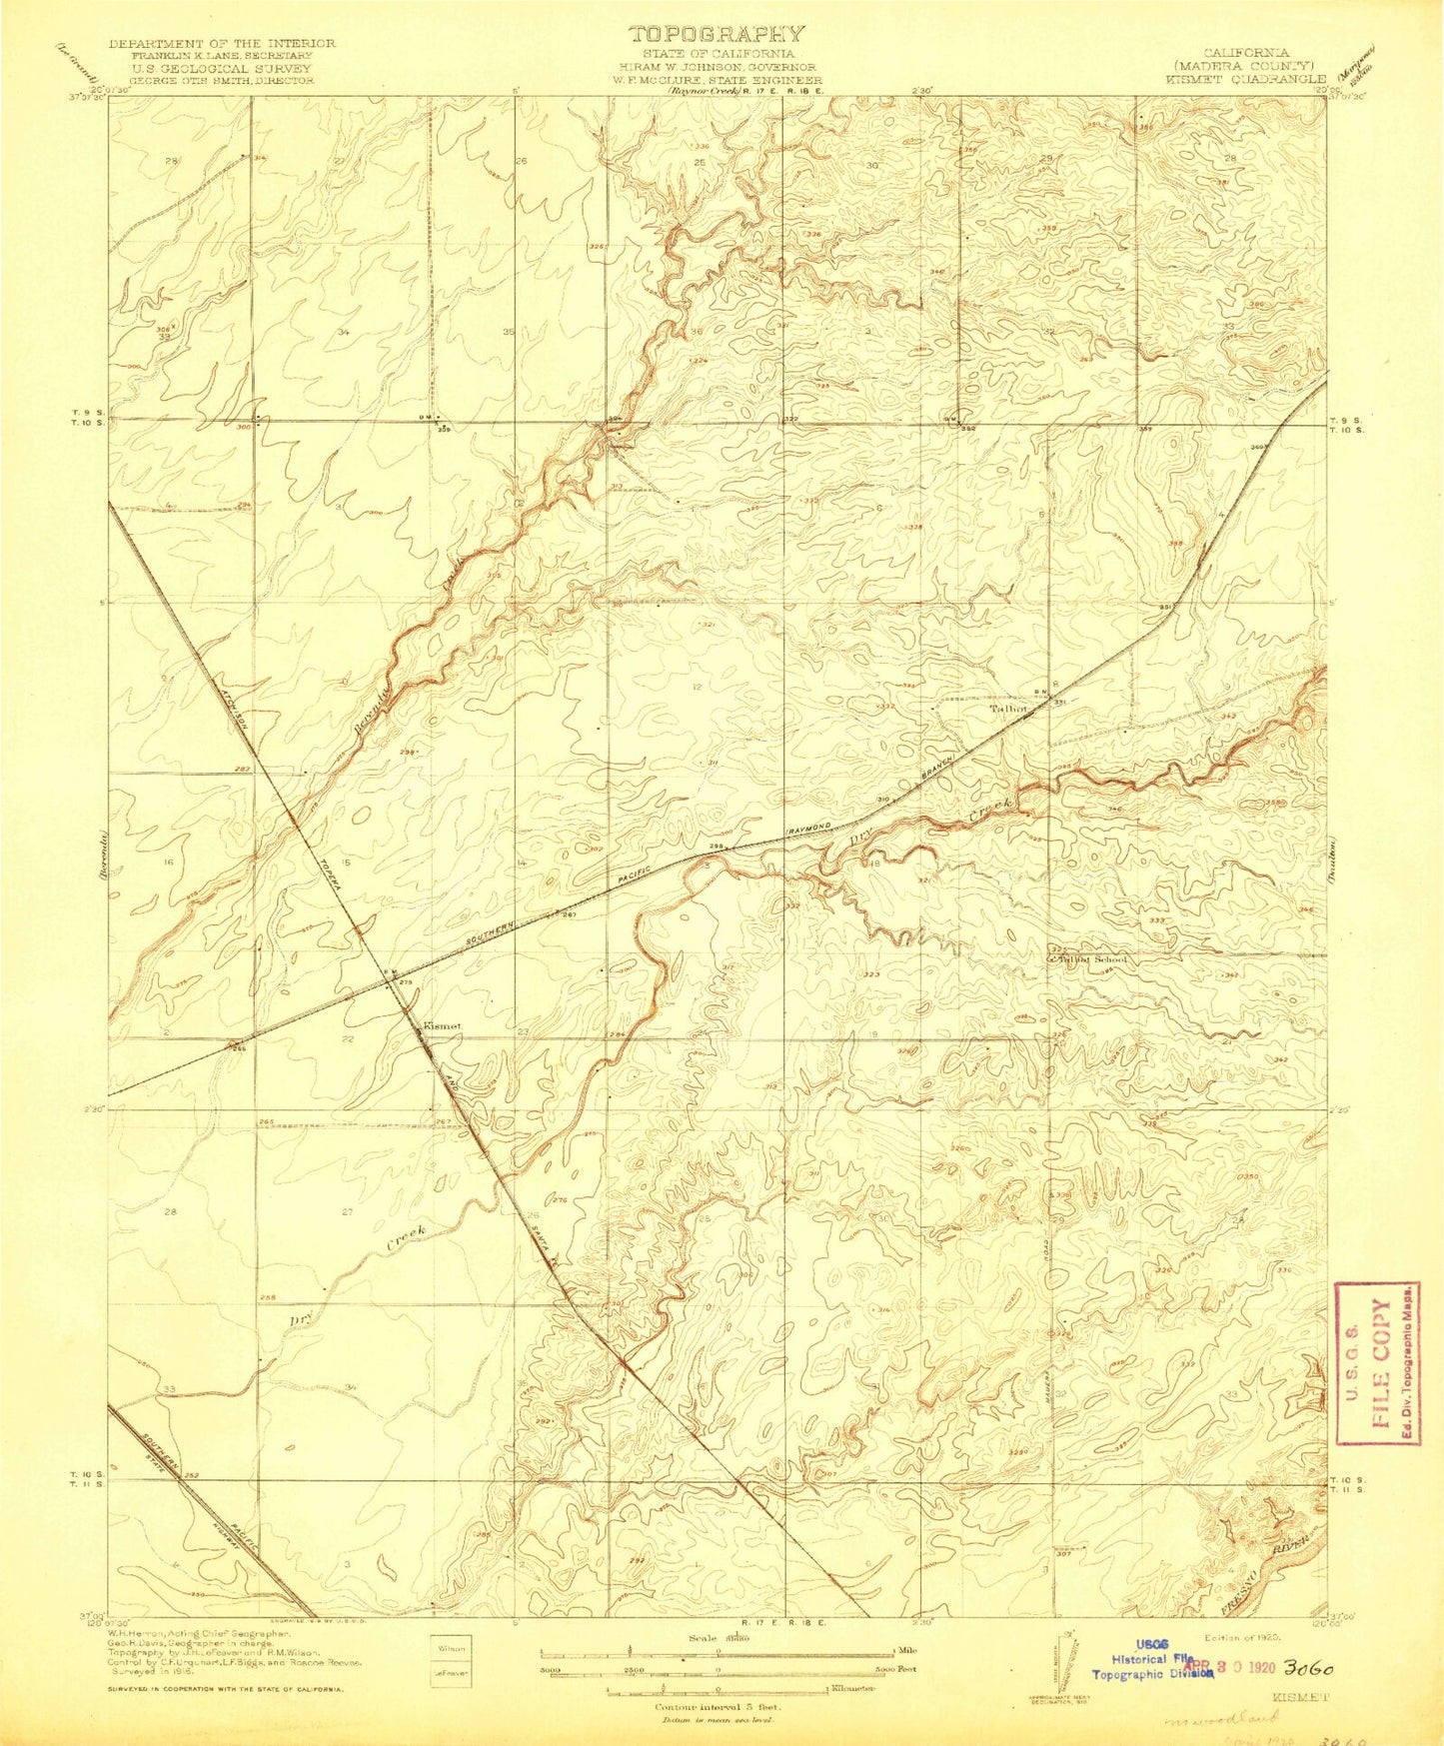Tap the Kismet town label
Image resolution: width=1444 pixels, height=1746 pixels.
441,1025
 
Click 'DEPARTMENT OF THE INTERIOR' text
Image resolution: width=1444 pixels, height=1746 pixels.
222,44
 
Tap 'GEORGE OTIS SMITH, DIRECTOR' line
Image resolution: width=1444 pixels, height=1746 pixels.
222,79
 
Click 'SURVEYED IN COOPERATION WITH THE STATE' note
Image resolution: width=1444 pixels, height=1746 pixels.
226,1688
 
